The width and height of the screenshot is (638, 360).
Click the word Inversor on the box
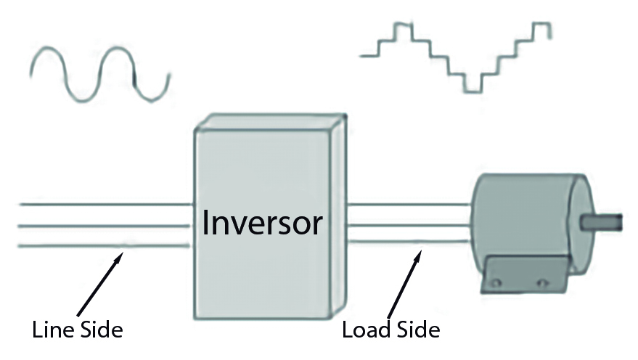[262, 223]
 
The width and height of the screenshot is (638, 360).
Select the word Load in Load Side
[366, 330]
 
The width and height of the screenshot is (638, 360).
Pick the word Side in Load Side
[416, 330]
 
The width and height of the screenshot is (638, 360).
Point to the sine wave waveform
[99, 73]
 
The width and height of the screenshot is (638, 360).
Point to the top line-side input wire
[102, 205]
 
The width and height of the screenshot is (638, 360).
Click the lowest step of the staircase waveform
[473, 89]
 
